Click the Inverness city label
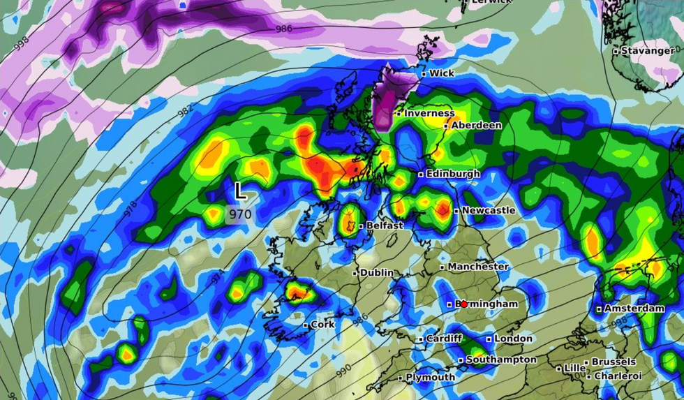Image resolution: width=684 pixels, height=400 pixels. (x=429, y=113)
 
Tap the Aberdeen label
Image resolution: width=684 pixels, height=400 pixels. (x=476, y=125)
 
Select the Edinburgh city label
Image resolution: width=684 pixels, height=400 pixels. (x=452, y=173)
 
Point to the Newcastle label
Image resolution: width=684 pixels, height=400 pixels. (x=489, y=210)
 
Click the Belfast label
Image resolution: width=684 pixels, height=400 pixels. (x=385, y=225)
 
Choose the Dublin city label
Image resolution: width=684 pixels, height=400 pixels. (x=376, y=272)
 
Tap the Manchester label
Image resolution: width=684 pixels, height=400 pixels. (x=478, y=267)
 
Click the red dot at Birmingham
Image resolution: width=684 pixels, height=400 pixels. (x=463, y=304)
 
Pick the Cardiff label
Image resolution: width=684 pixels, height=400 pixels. (x=444, y=339)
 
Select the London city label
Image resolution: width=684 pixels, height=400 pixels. (x=514, y=339)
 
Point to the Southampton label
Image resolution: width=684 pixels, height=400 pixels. (x=501, y=360)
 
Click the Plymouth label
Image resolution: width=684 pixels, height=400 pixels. (x=431, y=377)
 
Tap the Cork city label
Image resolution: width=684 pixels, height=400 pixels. (x=322, y=325)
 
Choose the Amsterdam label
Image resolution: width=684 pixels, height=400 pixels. (x=634, y=308)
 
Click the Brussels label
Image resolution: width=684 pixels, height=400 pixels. (x=614, y=362)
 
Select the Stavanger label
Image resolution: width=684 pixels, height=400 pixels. (x=648, y=50)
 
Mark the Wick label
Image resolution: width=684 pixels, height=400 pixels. (x=441, y=73)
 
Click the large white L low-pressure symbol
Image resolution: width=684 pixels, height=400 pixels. (x=240, y=191)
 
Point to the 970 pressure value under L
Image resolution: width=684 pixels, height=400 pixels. (x=239, y=214)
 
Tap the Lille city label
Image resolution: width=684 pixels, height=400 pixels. (x=575, y=368)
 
